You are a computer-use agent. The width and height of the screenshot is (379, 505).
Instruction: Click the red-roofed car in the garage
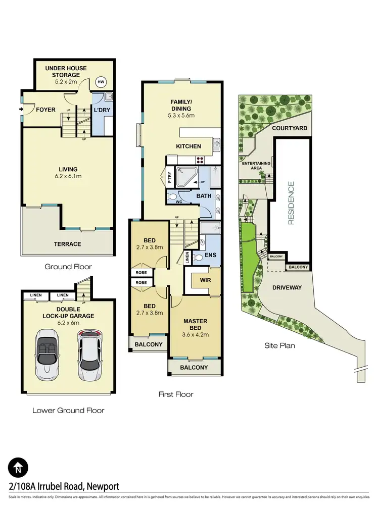tap(89, 355)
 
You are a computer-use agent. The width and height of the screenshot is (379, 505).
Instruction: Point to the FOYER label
tap(46, 109)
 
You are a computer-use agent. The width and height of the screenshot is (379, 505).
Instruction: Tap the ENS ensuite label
tap(210, 255)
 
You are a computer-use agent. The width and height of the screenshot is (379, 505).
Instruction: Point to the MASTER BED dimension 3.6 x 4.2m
tap(195, 334)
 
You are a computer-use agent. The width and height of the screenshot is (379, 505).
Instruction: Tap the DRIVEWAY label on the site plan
tap(287, 287)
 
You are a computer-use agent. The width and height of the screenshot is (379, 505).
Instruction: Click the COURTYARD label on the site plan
tap(290, 128)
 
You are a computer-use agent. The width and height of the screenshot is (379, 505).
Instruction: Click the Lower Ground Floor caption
tap(68, 410)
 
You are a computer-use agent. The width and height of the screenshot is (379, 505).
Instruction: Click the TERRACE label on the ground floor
tap(68, 244)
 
